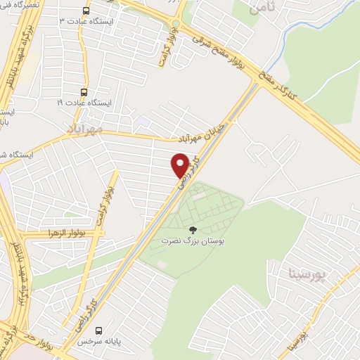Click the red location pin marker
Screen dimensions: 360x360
(x=179, y=166)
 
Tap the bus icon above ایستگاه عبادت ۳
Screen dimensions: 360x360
(x=86, y=11)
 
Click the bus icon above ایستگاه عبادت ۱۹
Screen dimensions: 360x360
(x=84, y=92)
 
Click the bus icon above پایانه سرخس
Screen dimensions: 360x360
(x=98, y=330)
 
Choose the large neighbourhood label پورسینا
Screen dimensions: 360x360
(x=307, y=271)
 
